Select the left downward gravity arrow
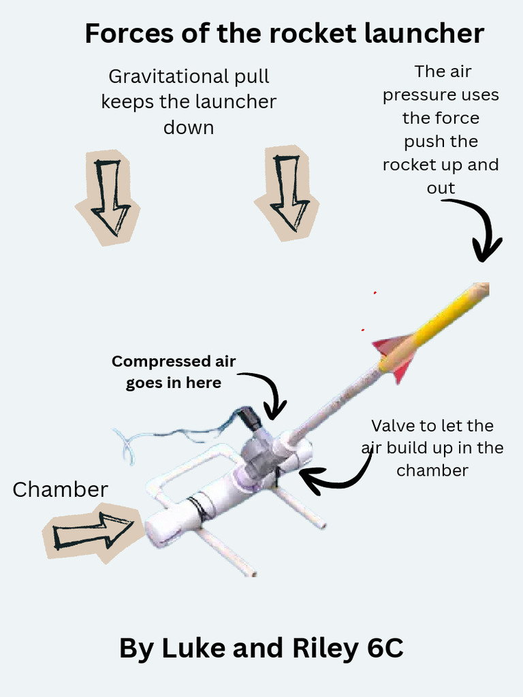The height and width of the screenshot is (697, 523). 110,198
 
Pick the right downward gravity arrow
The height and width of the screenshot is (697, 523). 289,193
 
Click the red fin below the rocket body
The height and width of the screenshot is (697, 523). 403,370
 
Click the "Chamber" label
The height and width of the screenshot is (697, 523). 61,489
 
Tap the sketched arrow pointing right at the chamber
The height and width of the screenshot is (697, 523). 93,531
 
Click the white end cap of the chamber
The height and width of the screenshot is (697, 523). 161,529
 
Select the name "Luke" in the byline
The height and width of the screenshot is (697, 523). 194,648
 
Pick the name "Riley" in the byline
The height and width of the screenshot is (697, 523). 326,649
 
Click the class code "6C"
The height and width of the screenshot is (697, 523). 385,648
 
